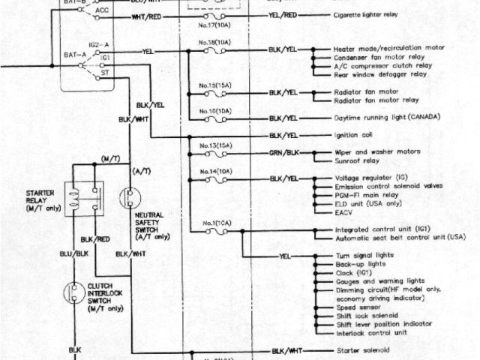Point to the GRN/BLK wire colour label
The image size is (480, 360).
tap(284, 151)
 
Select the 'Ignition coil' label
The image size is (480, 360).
tap(352, 136)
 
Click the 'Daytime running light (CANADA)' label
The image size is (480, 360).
tap(385, 118)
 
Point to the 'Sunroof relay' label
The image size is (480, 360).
tap(354, 160)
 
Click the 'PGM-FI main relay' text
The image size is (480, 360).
tap(364, 194)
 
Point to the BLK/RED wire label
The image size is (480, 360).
tap(96, 239)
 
